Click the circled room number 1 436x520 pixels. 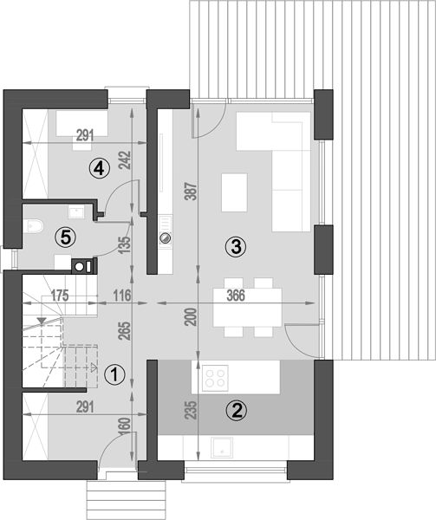[x=114, y=374]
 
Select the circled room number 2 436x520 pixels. [x=237, y=411]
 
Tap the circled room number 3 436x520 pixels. [x=236, y=247]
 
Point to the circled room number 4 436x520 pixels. [x=99, y=169]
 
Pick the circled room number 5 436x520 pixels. [x=65, y=237]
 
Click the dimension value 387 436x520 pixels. [x=192, y=191]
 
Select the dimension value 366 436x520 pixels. [x=236, y=296]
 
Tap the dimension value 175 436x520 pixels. [x=59, y=296]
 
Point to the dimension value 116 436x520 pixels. [x=122, y=296]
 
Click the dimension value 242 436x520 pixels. [x=126, y=160]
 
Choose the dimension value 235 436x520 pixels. [x=192, y=410]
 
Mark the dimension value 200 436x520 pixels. [x=192, y=317]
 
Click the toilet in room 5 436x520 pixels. [x=34, y=226]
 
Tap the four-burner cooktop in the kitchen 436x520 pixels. [x=215, y=376]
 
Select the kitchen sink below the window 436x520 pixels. [x=222, y=448]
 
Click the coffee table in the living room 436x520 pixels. [x=234, y=192]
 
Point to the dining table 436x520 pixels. [x=248, y=308]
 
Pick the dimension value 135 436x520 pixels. [x=126, y=245]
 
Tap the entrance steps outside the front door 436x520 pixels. [x=126, y=500]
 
